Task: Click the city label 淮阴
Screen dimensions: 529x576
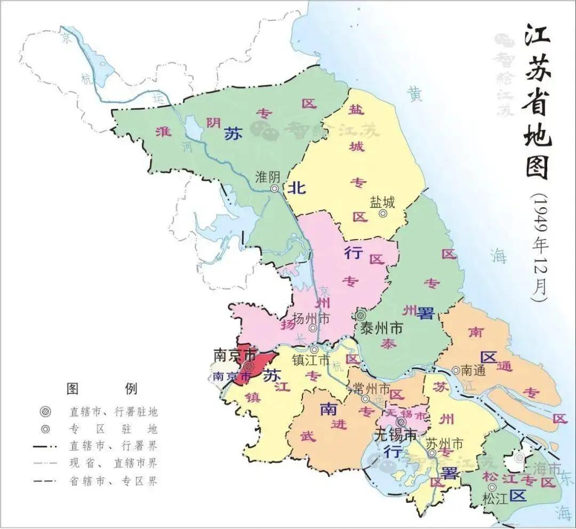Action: (x=268, y=176)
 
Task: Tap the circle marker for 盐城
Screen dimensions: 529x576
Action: (x=382, y=214)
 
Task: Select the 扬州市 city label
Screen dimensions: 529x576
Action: (x=312, y=319)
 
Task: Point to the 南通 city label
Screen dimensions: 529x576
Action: (x=473, y=370)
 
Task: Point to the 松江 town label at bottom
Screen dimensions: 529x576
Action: (x=493, y=499)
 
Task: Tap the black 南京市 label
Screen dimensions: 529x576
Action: (x=235, y=355)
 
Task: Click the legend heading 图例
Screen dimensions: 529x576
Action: (x=101, y=388)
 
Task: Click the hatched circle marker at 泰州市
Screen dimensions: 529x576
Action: (x=362, y=315)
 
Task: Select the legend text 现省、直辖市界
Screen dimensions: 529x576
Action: (x=113, y=463)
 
